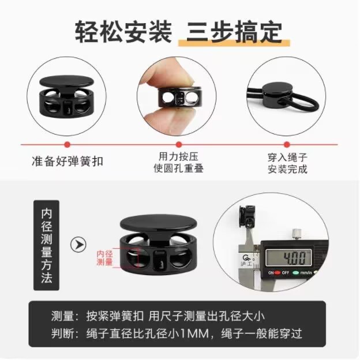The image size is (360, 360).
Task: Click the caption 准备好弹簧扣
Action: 67,161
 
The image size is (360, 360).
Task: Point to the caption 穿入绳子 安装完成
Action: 287,163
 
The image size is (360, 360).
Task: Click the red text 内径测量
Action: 104,258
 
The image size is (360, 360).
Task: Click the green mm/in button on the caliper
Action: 303,272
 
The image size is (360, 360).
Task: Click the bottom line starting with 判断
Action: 175,333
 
